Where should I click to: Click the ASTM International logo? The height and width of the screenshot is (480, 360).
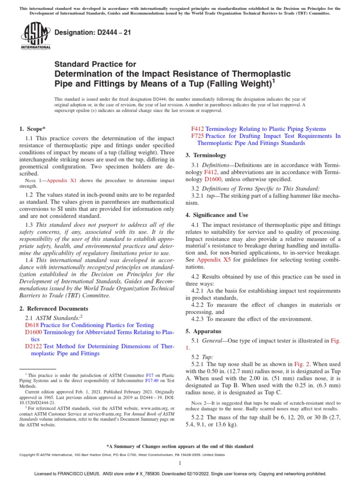36,37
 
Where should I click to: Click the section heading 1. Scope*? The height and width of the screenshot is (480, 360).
33,128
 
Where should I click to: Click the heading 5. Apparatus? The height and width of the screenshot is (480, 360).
204,331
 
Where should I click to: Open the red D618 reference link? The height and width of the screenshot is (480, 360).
32,325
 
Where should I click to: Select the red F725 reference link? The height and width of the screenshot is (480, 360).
197,136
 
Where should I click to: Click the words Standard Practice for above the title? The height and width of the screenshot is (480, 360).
96,64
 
